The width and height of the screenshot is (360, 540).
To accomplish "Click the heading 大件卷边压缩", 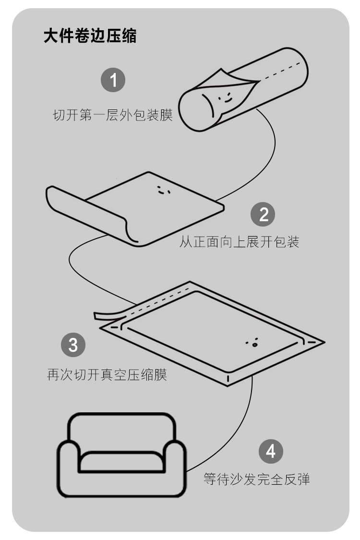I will pos(90,36).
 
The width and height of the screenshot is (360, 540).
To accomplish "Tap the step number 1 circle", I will pos(113,80).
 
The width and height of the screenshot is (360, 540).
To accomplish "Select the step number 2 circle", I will pos(264,214).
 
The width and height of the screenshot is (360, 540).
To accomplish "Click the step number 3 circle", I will pos(73,345).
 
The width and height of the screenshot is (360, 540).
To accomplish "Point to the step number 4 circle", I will pos(271,452).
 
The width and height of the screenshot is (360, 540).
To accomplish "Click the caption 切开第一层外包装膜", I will pos(112,116).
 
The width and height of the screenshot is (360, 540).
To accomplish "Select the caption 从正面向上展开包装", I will pos(239,242).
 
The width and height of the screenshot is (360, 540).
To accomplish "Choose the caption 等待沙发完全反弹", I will pos(256,479).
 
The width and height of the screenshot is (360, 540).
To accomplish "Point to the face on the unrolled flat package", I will pos(164,190).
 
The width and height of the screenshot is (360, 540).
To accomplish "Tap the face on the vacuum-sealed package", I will pos(252,343).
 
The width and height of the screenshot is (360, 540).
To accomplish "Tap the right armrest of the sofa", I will pos(174,468).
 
